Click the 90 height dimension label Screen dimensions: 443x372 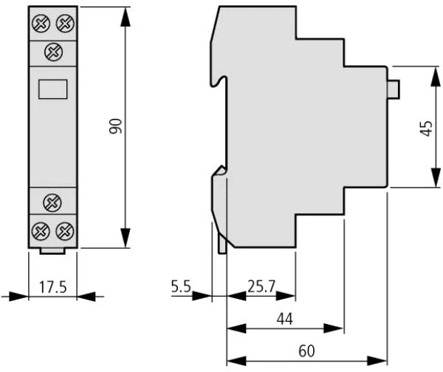tap(116, 126)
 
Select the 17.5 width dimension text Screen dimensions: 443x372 tap(53, 286)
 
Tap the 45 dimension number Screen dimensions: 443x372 tap(426, 128)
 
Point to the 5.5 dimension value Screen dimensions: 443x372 tap(181, 286)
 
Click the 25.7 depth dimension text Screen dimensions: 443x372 tap(261, 286)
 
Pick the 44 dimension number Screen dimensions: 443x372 tap(285, 319)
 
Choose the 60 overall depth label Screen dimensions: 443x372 tap(306, 351)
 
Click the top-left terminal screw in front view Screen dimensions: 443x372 tap(41, 23)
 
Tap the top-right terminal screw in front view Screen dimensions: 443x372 tap(65, 23)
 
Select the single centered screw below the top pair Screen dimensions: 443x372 tap(53, 52)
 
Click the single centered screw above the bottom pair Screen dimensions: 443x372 tap(52, 202)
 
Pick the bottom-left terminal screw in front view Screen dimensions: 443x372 tap(41, 231)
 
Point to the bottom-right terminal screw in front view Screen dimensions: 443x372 tap(65, 231)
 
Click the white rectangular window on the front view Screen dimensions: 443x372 tap(53, 89)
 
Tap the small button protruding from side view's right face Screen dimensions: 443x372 tap(394, 89)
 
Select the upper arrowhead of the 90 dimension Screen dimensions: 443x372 tap(126, 17)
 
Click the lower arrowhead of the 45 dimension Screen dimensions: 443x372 tap(436, 177)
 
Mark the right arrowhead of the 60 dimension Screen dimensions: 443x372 tap(377, 361)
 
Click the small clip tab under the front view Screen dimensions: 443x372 tap(52, 251)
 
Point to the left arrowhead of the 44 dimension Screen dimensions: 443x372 tap(237, 328)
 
